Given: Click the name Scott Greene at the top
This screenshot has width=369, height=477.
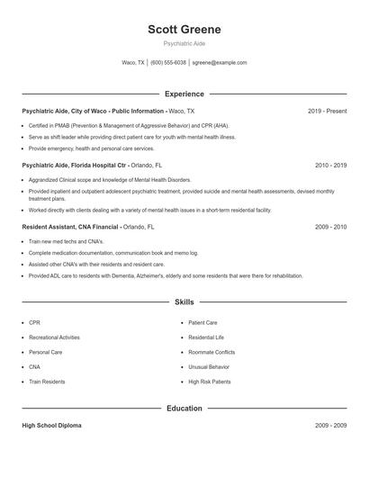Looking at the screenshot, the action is pyautogui.click(x=184, y=30).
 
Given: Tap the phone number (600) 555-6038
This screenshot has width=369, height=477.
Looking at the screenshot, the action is pyautogui.click(x=168, y=63).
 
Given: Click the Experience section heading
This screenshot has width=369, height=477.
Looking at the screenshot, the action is pyautogui.click(x=184, y=94).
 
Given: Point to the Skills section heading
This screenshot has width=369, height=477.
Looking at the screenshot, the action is pyautogui.click(x=184, y=302).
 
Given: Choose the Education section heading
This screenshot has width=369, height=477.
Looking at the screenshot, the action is pyautogui.click(x=184, y=409).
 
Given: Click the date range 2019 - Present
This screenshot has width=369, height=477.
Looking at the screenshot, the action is pyautogui.click(x=327, y=111).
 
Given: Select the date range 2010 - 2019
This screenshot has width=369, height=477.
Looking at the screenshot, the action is pyautogui.click(x=330, y=166).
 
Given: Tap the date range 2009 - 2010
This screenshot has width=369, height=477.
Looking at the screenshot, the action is pyautogui.click(x=330, y=228).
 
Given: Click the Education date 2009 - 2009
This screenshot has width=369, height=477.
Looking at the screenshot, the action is pyautogui.click(x=330, y=425).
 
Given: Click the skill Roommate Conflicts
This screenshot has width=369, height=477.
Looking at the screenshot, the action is pyautogui.click(x=211, y=352).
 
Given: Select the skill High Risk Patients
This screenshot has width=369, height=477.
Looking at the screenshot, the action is pyautogui.click(x=210, y=382).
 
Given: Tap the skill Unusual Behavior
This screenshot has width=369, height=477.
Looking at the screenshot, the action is pyautogui.click(x=209, y=367).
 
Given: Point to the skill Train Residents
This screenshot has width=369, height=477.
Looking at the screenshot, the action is pyautogui.click(x=47, y=382).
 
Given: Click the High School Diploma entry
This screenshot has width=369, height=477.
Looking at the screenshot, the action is pyautogui.click(x=51, y=425).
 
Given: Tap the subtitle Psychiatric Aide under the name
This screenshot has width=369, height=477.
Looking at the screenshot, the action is pyautogui.click(x=184, y=43).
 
